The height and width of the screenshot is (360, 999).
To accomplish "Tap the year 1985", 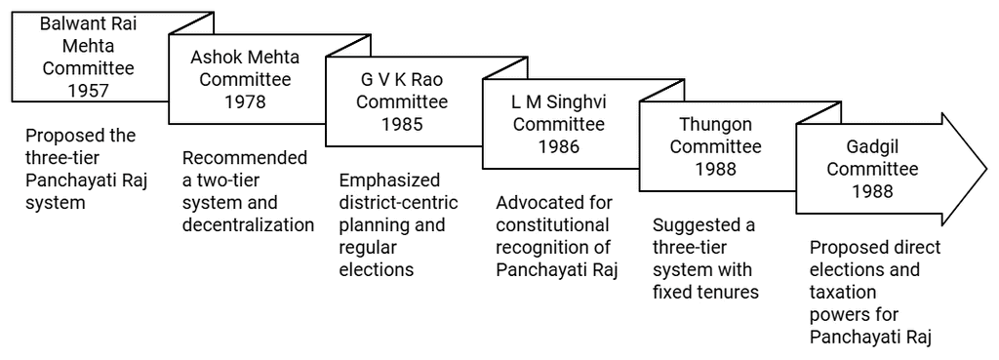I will [x=403, y=125].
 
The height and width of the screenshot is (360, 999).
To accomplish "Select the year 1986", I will [x=560, y=147].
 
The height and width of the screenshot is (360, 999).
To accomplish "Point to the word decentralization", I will [x=248, y=225].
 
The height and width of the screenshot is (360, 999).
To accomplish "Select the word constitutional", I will [x=548, y=225].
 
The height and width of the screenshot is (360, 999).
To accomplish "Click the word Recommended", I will [x=245, y=158].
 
